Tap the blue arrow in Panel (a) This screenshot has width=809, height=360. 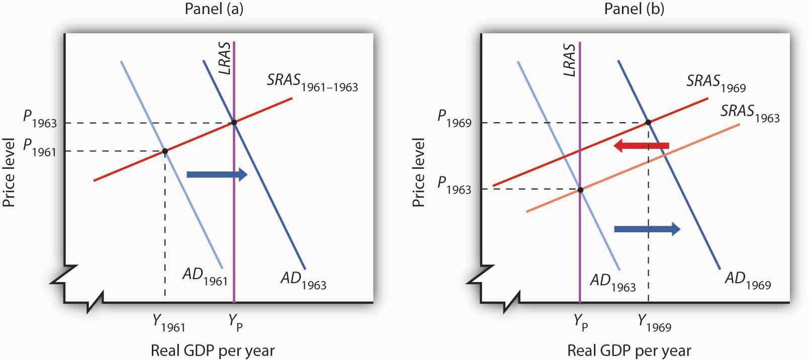[217, 174]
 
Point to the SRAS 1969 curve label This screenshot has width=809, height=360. [716, 82]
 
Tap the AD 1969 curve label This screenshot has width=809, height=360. [747, 280]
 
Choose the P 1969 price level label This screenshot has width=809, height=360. [454, 119]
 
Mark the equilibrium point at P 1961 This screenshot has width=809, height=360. [165, 151]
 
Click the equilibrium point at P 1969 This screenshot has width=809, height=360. [648, 122]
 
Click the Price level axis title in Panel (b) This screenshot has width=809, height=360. [418, 172]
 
